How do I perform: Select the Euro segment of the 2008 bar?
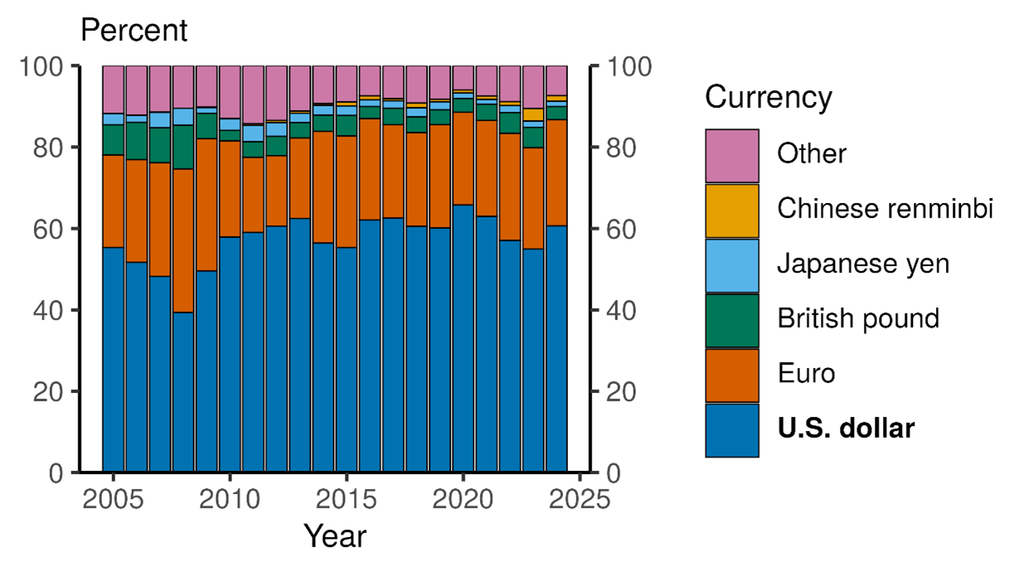point(183,240)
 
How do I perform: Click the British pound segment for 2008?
point(183,147)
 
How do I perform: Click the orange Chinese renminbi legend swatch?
point(731,211)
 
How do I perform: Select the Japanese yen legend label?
point(862,264)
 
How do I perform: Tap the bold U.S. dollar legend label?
point(846,429)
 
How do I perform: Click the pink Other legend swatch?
point(731,155)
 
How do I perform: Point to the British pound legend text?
point(858,319)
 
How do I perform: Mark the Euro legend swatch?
point(731,375)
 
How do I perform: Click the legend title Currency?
point(768,98)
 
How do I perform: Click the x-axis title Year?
point(333,536)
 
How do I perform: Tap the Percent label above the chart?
point(133,32)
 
